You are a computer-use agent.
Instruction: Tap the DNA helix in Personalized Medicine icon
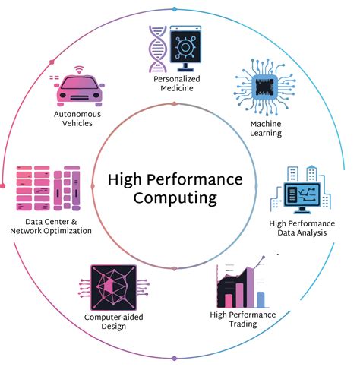point(156,48)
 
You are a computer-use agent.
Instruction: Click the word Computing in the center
point(175,198)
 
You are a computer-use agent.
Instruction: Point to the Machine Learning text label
point(266,128)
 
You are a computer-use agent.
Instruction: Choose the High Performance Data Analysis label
point(302,228)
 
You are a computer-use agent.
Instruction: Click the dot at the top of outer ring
point(175,8)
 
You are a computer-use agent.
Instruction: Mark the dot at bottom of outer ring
point(175,358)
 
